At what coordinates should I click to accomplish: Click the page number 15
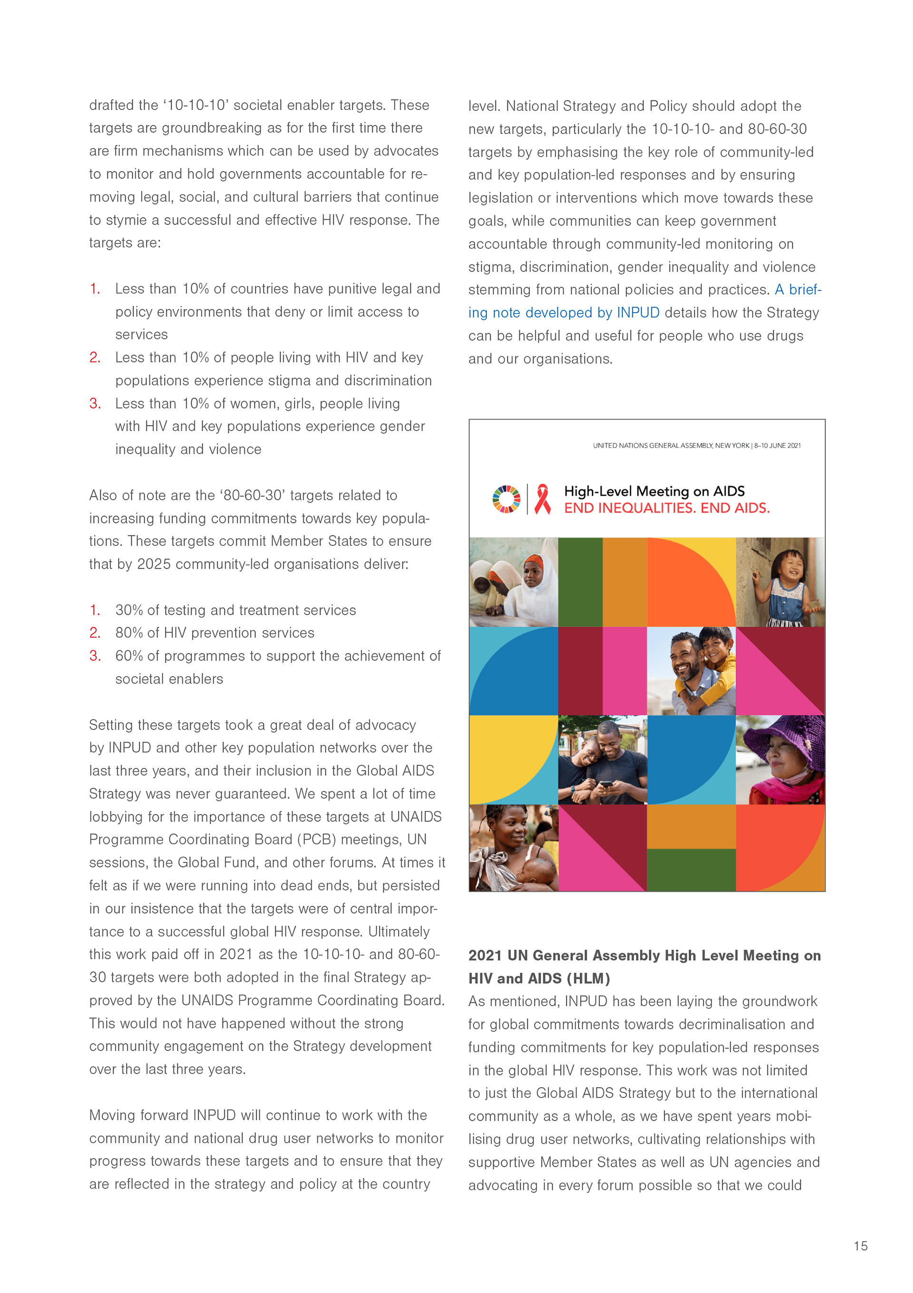click(x=860, y=1246)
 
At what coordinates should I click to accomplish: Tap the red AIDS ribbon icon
click(x=542, y=499)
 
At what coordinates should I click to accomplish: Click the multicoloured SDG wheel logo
click(x=506, y=499)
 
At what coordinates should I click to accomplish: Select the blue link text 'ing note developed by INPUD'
click(x=563, y=313)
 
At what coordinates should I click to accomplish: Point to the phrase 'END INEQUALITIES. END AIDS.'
click(x=667, y=508)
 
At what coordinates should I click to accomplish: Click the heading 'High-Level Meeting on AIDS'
click(x=654, y=491)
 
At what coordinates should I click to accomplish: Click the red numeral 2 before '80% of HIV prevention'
click(x=95, y=633)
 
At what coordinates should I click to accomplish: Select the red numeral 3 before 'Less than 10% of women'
click(x=95, y=404)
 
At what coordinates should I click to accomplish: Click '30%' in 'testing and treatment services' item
click(x=129, y=610)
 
